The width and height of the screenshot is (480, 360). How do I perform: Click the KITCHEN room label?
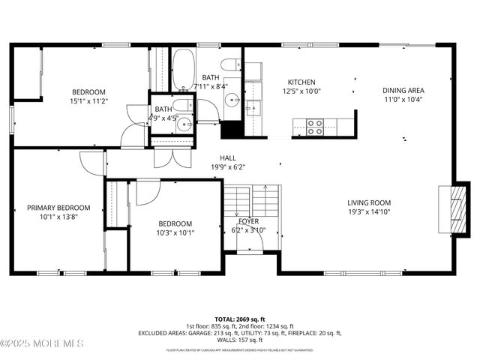coord(301,82)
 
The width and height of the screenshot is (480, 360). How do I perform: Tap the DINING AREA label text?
coord(403,90)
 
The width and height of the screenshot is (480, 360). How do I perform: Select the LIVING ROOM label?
coord(369,202)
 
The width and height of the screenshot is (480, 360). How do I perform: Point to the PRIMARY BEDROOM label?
coord(58,208)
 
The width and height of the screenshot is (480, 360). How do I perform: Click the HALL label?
coord(228,158)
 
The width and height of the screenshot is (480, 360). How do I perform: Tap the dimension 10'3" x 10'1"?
coord(174,232)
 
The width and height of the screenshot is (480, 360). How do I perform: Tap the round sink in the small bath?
coord(183,124)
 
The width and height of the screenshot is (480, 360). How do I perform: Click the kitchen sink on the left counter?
coord(253,109)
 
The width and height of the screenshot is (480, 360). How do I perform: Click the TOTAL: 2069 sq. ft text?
coord(239,319)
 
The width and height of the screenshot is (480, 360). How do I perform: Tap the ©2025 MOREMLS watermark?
coord(42,343)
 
